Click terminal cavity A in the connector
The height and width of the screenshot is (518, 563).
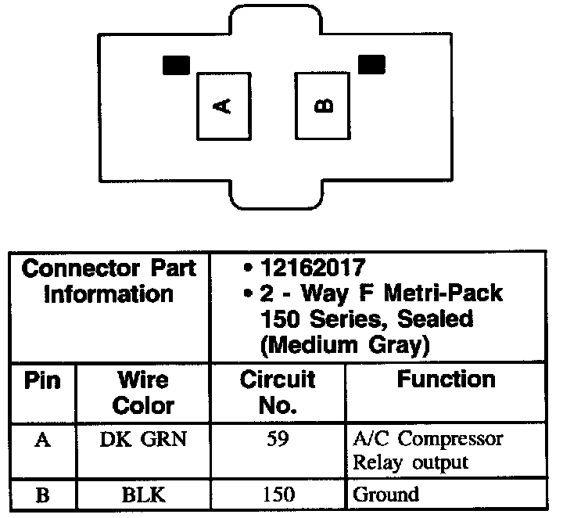pos(224,106)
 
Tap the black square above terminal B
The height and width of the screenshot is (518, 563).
pos(371,63)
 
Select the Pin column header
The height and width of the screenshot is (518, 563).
pos(43,381)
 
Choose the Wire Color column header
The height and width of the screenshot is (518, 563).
pos(143,393)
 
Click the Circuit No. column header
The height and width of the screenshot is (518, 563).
pos(277,393)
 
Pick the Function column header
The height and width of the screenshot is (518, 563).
pos(446,380)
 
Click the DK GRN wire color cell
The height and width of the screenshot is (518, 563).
pos(143,439)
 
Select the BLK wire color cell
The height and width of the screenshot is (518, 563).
pos(143,495)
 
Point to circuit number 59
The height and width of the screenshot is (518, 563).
pos(277,439)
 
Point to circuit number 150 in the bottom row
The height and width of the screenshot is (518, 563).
pos(277,495)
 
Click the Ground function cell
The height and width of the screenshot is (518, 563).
pos(386,495)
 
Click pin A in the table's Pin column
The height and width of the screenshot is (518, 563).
pos(43,440)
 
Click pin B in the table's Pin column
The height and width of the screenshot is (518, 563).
pos(43,495)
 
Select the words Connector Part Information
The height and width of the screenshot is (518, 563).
pos(109,282)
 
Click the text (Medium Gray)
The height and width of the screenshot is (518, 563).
pos(341,344)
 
